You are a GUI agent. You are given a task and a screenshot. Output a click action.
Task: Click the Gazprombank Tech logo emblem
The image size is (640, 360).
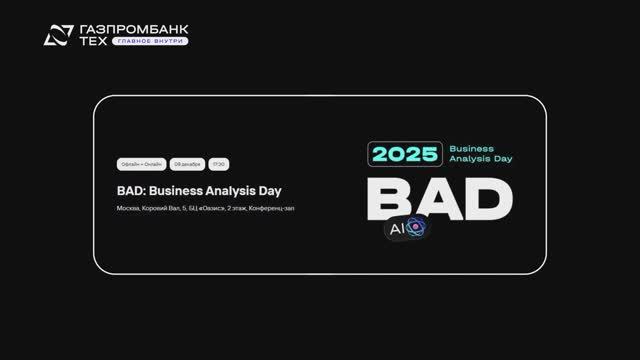(x=58, y=36)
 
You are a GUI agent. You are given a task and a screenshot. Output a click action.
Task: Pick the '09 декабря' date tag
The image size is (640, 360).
(x=188, y=163)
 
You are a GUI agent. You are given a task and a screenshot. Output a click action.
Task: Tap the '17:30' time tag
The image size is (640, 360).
(x=220, y=163)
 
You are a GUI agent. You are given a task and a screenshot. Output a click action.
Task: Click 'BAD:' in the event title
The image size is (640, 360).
(x=133, y=187)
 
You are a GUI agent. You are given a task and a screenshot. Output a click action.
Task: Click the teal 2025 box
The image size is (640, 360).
(x=406, y=153)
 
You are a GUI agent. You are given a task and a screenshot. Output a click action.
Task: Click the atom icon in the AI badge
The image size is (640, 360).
(x=417, y=229)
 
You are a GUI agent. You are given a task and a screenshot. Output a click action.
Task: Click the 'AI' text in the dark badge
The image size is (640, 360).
(x=396, y=230)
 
